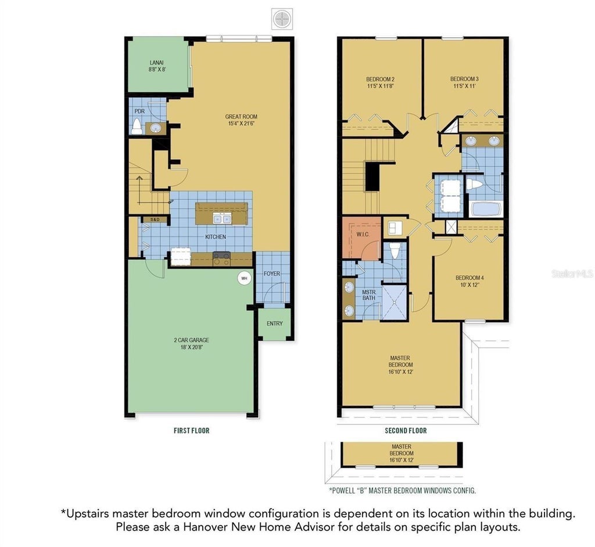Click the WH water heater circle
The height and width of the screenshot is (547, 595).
point(245,278)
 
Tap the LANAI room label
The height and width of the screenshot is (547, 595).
point(156,63)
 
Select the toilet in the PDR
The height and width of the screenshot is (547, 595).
point(137,126)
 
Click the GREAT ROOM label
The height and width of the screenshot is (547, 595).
point(241,116)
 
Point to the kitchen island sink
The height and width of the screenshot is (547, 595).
point(222,219)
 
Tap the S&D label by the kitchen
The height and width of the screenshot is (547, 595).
point(155,219)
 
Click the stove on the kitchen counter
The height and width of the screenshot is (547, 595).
point(221,259)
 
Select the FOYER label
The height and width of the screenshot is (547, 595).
point(272,273)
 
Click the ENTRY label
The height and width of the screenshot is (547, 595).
point(274,323)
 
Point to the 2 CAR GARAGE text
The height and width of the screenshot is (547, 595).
point(192,340)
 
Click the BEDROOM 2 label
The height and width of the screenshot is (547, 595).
point(380,79)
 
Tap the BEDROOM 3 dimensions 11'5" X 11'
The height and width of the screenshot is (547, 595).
point(464,86)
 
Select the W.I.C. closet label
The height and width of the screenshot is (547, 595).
point(363,234)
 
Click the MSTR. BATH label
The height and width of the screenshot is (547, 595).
point(369,295)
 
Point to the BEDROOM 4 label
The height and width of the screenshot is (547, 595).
point(469,278)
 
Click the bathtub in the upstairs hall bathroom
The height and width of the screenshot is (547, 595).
point(485,209)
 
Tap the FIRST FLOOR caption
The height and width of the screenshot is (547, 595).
point(192,431)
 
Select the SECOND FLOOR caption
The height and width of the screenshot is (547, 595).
point(406,431)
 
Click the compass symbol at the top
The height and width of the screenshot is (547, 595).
point(282,17)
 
